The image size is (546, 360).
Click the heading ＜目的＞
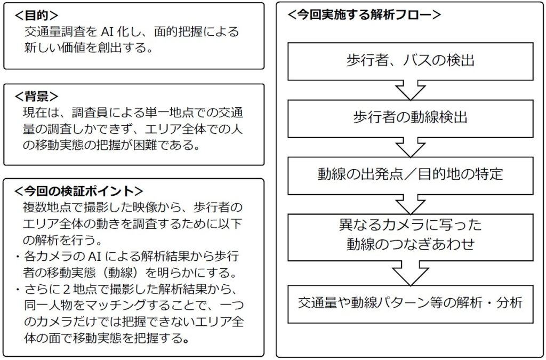pos(37,15)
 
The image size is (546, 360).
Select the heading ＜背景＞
pos(37,97)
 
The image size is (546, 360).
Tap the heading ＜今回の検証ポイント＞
pos(79,191)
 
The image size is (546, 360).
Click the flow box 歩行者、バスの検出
pos(410,61)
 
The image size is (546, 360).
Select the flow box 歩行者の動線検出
pos(410,118)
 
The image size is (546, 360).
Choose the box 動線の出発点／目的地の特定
pos(410,175)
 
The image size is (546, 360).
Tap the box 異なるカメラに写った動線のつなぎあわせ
pos(410,237)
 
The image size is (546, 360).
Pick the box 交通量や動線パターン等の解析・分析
pos(410,304)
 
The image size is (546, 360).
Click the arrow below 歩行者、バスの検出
pos(410,90)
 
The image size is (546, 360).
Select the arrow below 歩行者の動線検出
pos(410,147)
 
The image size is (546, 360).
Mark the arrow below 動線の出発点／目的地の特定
pos(410,204)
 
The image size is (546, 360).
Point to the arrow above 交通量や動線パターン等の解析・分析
pos(410,273)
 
